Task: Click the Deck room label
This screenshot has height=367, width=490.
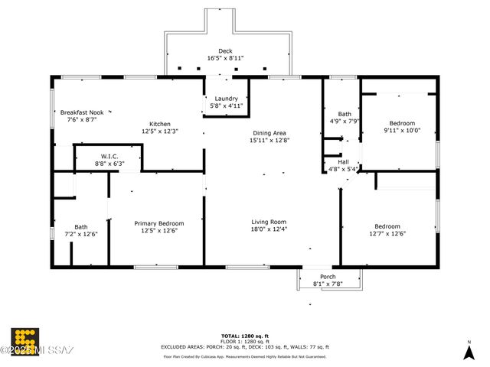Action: click(x=226, y=51)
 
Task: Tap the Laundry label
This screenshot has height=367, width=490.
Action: click(x=226, y=99)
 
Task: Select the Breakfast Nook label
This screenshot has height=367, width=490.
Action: click(x=83, y=112)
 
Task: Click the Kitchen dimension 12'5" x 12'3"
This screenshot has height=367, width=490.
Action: click(x=160, y=131)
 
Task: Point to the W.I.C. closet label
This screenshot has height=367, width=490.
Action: click(x=109, y=157)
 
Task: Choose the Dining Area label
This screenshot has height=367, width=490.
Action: click(x=269, y=133)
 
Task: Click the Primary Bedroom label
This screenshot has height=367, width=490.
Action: click(x=159, y=223)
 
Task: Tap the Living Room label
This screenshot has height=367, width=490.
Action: click(x=269, y=222)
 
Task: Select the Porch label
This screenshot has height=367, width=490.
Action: click(x=327, y=277)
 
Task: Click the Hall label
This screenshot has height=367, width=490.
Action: click(x=343, y=162)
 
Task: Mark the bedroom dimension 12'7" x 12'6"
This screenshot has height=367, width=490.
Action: click(x=387, y=233)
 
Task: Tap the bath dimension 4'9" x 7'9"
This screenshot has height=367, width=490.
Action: click(x=345, y=121)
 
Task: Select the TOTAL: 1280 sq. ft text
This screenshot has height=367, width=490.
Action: click(x=242, y=336)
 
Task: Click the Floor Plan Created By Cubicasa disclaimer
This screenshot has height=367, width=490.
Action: click(x=242, y=356)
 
